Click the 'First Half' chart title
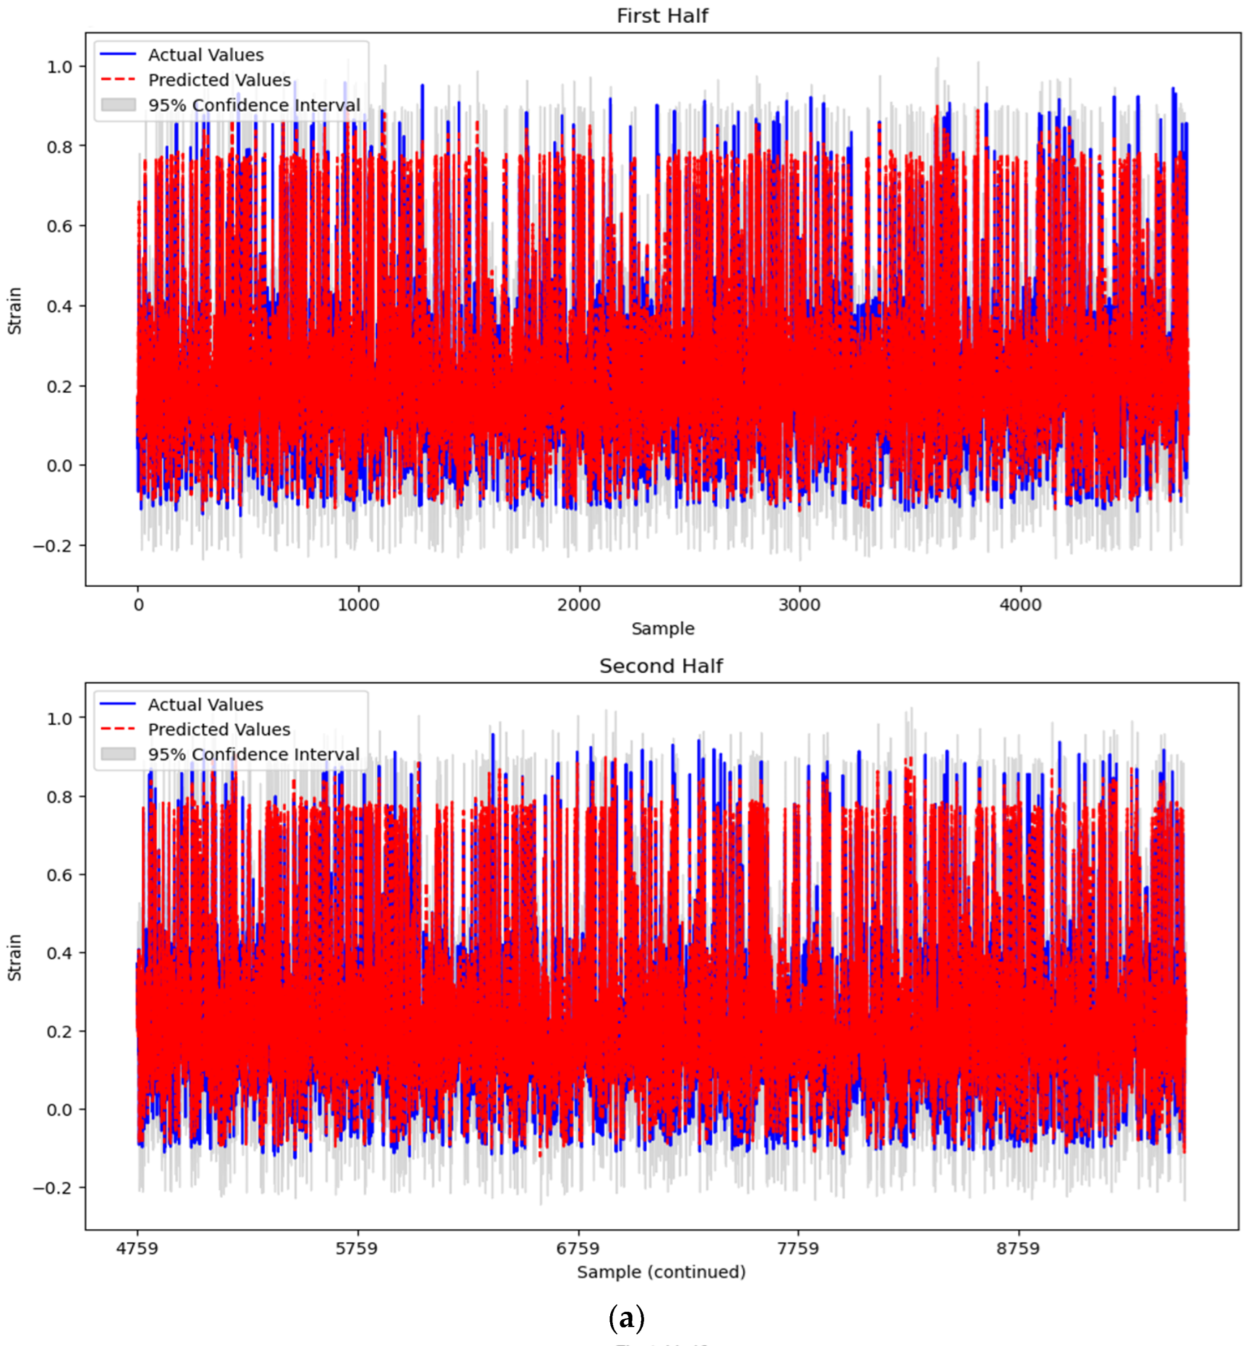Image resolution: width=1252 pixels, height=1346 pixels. click(661, 16)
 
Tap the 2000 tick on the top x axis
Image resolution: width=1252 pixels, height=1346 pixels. click(579, 605)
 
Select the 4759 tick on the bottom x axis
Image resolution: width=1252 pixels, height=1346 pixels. click(137, 1248)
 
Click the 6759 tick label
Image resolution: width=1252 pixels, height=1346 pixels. click(577, 1248)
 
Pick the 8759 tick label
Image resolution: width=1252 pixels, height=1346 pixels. click(1018, 1248)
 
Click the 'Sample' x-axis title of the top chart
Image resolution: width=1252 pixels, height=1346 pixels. click(662, 629)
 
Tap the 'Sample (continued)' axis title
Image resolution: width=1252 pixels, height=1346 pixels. click(661, 1272)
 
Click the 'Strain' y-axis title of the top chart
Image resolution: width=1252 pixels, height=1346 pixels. click(14, 311)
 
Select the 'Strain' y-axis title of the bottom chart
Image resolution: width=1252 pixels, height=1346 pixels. click(14, 958)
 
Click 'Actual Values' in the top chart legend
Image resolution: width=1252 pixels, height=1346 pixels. click(206, 55)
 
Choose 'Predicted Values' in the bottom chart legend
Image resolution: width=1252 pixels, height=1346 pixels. click(219, 729)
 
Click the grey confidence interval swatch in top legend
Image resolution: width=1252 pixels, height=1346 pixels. click(118, 105)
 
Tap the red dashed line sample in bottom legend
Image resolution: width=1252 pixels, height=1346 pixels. click(118, 729)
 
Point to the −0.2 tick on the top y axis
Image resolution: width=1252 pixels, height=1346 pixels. click(51, 546)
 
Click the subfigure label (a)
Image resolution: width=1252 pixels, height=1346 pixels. click(626, 1318)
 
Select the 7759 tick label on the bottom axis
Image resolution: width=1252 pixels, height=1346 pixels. click(798, 1248)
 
